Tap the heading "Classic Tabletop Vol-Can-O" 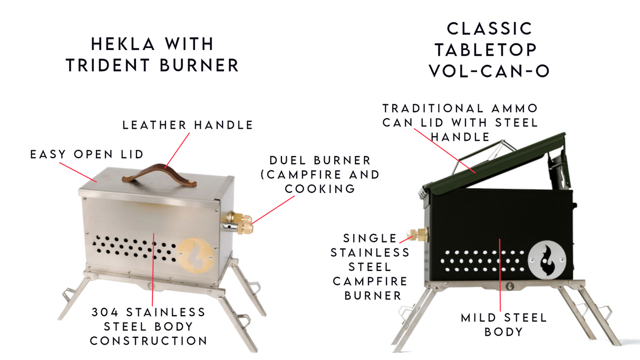click(489, 50)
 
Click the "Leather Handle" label click(188, 125)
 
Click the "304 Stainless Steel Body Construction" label click(149, 326)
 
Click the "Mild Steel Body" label click(503, 325)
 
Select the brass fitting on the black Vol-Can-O click(419, 235)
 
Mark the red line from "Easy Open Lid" click(77, 172)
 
